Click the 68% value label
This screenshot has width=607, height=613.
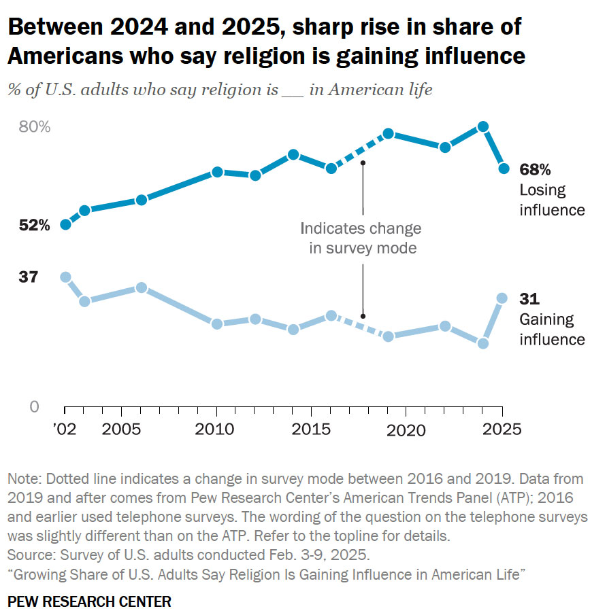[x=535, y=170]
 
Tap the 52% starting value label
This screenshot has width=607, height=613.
[x=35, y=226]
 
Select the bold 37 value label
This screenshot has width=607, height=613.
[x=29, y=277]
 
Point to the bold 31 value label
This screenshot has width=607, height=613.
[x=529, y=299]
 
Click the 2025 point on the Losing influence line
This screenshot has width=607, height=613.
[x=502, y=169]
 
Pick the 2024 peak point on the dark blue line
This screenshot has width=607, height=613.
[x=483, y=126]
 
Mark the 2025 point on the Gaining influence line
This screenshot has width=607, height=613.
[x=502, y=298]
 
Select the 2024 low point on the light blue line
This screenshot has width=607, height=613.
[x=483, y=343]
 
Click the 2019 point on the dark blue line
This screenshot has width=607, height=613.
[x=389, y=134]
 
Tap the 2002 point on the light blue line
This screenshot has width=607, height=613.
[x=65, y=277]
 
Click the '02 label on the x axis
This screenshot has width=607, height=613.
[x=65, y=430]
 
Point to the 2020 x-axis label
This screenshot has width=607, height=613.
[x=406, y=430]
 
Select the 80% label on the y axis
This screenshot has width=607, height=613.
[x=34, y=127]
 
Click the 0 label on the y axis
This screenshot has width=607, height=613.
[x=34, y=407]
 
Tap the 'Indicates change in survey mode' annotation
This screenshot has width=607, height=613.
[x=361, y=239]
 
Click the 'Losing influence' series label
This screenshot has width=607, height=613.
[x=552, y=200]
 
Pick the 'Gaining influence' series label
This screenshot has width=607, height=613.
[x=552, y=329]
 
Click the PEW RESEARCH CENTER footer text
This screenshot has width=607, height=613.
[x=89, y=601]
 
